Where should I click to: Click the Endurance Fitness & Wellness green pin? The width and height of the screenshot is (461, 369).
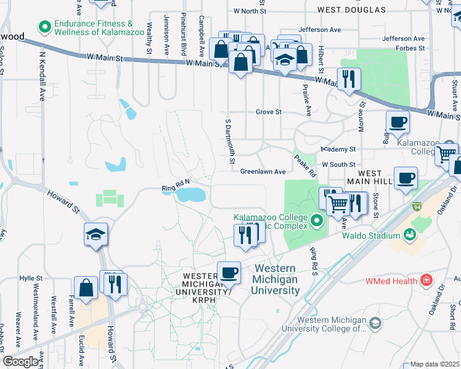point(44,27)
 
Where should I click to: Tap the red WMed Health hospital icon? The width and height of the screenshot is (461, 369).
point(425,280)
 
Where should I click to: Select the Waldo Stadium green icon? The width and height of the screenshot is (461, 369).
point(409,235)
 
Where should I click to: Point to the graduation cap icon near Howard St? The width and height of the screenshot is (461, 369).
point(96,234)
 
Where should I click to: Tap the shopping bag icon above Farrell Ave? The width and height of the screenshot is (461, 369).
point(86,287)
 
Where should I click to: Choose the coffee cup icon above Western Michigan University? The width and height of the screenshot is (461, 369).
point(229,272)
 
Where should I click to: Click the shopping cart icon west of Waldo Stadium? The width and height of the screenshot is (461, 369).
point(337,202)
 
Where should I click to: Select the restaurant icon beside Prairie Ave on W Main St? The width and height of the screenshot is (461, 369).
point(349,79)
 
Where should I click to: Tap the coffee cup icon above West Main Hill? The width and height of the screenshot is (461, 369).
point(406,178)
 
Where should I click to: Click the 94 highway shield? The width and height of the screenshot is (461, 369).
point(417,205)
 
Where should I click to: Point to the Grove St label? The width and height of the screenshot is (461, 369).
point(269,112)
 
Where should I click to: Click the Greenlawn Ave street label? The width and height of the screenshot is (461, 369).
point(263,172)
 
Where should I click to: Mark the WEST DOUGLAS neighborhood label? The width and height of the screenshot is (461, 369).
point(351,10)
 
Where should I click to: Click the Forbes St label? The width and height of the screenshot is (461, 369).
point(412,47)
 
